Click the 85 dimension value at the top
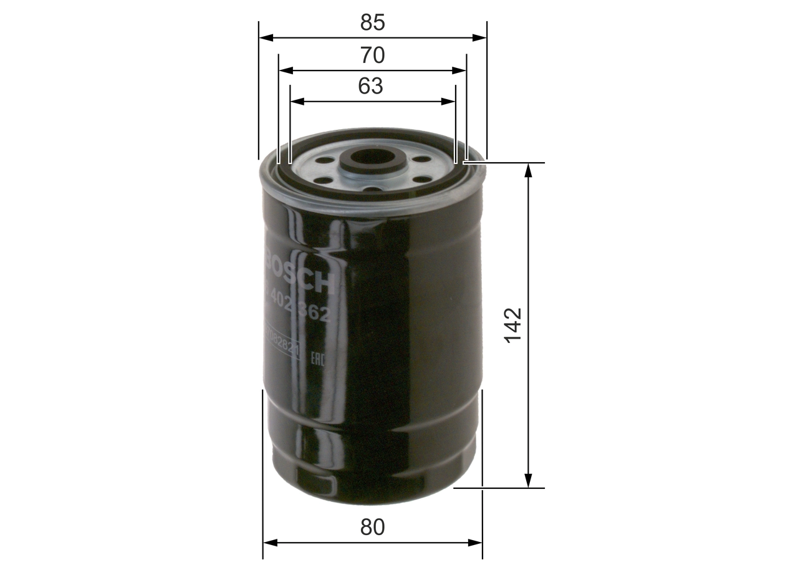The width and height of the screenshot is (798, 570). click(372, 23)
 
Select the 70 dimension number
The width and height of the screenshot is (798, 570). click(372, 56)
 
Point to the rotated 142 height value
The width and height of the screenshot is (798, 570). click(513, 325)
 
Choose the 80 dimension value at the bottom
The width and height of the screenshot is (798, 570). click(372, 528)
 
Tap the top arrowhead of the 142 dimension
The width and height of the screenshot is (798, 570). click(529, 170)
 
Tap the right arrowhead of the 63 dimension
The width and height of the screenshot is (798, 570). click(449, 101)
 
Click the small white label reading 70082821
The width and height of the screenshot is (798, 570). click(282, 344)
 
